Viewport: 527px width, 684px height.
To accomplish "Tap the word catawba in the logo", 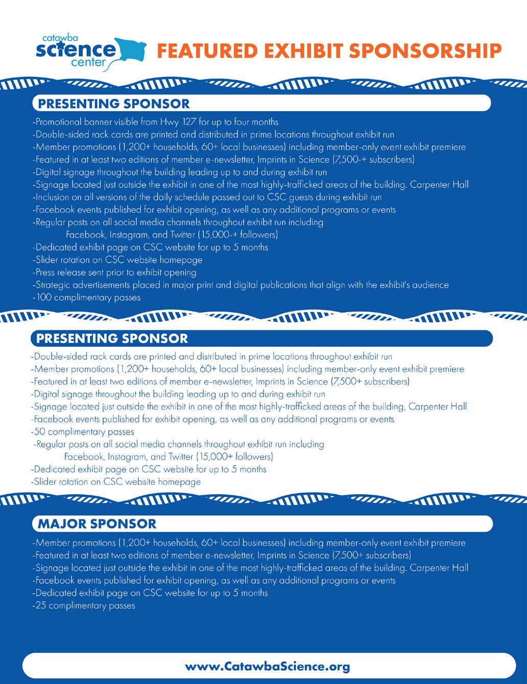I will click(x=59, y=38).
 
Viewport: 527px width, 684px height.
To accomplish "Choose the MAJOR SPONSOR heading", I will click(x=97, y=524).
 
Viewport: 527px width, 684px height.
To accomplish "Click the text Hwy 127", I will click(x=177, y=122).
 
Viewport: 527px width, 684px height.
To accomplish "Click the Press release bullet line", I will click(x=114, y=272).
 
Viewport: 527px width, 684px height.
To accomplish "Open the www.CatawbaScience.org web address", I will click(x=268, y=667).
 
